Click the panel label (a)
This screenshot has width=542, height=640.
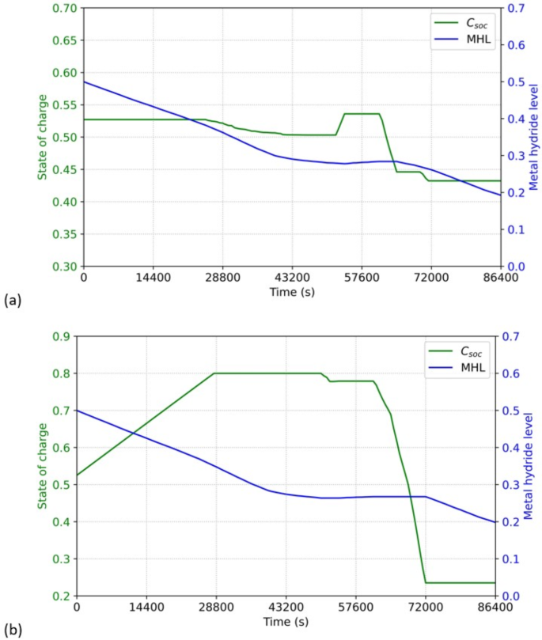(11, 300)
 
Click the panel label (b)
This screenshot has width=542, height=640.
(11, 630)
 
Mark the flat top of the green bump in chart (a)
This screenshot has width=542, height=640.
(361, 114)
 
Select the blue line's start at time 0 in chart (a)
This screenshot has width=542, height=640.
(84, 81)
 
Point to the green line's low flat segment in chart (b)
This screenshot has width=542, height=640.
(459, 582)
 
